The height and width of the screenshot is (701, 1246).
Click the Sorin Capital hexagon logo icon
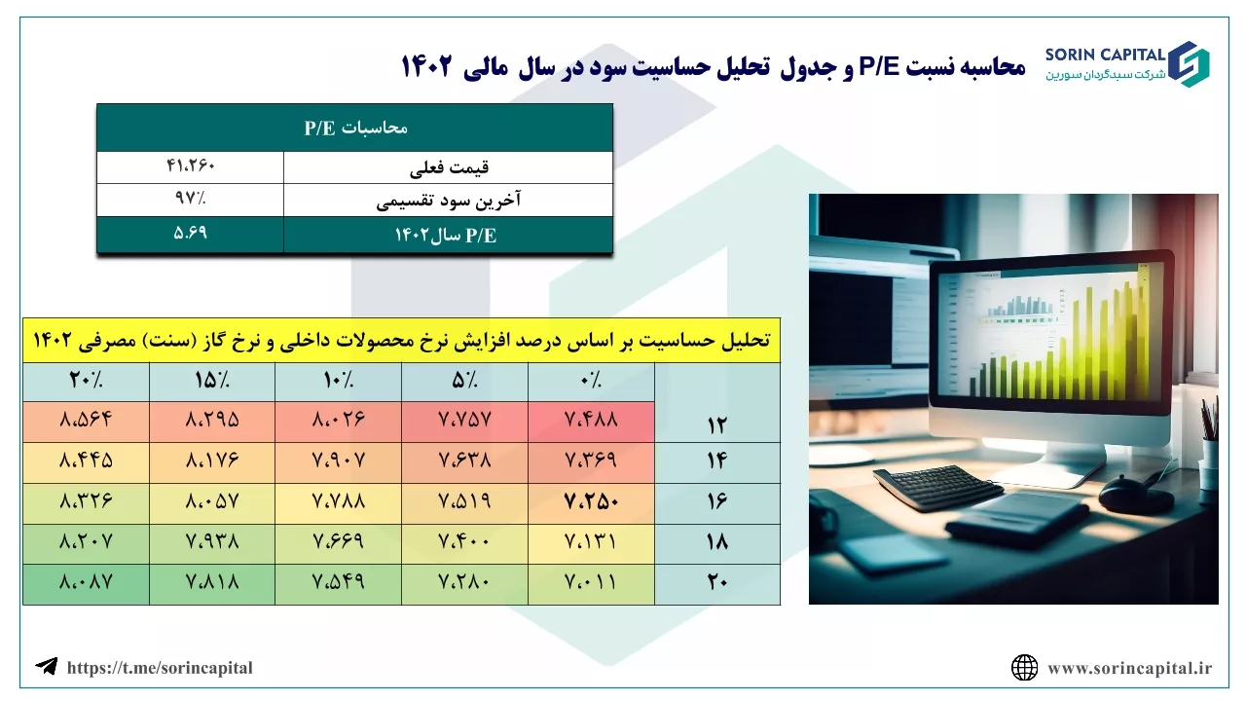click(x=1189, y=64)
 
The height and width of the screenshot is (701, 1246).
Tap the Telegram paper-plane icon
click(x=47, y=666)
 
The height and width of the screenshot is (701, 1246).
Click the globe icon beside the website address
click(x=1025, y=668)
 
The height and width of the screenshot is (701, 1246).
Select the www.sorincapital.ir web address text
click(x=1130, y=668)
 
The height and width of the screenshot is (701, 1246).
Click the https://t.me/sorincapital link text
click(x=160, y=668)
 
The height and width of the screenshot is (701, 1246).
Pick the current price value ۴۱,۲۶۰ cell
click(x=190, y=166)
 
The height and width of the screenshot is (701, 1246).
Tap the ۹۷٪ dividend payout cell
click(x=190, y=199)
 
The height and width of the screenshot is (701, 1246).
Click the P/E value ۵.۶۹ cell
click(x=190, y=234)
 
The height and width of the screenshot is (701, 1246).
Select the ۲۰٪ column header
click(x=87, y=381)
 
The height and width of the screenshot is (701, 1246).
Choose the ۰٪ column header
click(x=591, y=381)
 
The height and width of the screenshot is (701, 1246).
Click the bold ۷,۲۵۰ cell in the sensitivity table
click(x=591, y=502)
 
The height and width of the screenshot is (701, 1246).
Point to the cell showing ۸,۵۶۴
click(x=87, y=421)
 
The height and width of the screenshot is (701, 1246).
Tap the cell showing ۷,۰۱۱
click(x=591, y=583)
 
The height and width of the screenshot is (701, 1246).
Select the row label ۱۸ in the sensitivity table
click(x=717, y=543)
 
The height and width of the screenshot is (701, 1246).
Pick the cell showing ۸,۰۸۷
click(x=87, y=583)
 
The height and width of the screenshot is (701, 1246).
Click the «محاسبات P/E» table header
click(x=355, y=128)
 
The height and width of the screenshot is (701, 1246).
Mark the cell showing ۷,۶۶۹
click(x=338, y=543)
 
